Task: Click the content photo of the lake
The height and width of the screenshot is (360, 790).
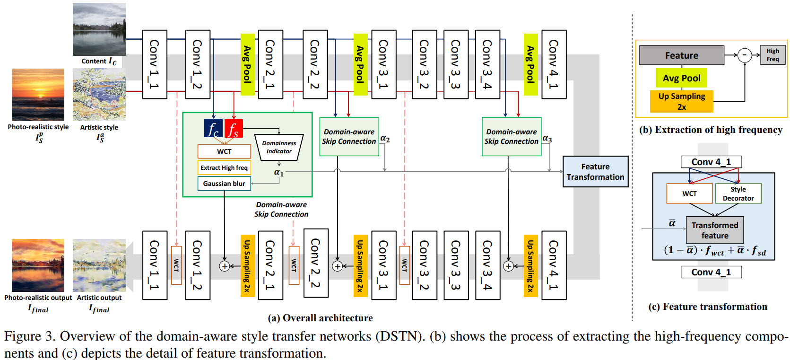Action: (x=99, y=29)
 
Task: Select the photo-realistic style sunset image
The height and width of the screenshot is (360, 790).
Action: (x=38, y=95)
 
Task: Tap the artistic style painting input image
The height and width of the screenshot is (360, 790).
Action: (x=99, y=95)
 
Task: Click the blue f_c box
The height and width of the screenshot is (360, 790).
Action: (x=213, y=128)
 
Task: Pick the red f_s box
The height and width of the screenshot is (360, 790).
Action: (x=234, y=128)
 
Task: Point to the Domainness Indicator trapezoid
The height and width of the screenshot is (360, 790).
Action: (x=279, y=147)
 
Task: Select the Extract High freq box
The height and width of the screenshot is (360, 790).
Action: (x=224, y=167)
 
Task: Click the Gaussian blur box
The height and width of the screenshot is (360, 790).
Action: (x=224, y=184)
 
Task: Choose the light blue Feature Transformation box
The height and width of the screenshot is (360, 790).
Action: (x=595, y=172)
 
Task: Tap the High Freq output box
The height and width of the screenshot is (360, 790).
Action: (x=773, y=55)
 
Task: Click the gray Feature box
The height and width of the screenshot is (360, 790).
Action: (x=681, y=55)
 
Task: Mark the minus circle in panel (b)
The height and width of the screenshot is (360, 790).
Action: (x=745, y=55)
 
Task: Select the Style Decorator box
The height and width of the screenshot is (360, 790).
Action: (x=738, y=193)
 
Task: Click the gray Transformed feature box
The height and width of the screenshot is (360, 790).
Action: (x=714, y=230)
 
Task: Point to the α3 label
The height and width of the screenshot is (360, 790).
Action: (x=547, y=139)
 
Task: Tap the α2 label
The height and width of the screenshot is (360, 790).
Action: (x=385, y=139)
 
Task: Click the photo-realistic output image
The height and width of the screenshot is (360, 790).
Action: (x=38, y=265)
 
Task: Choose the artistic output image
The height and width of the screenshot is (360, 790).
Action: (x=99, y=265)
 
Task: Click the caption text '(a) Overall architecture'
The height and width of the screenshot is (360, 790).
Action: (x=320, y=318)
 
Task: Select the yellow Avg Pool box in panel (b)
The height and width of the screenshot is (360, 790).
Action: (x=681, y=78)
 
